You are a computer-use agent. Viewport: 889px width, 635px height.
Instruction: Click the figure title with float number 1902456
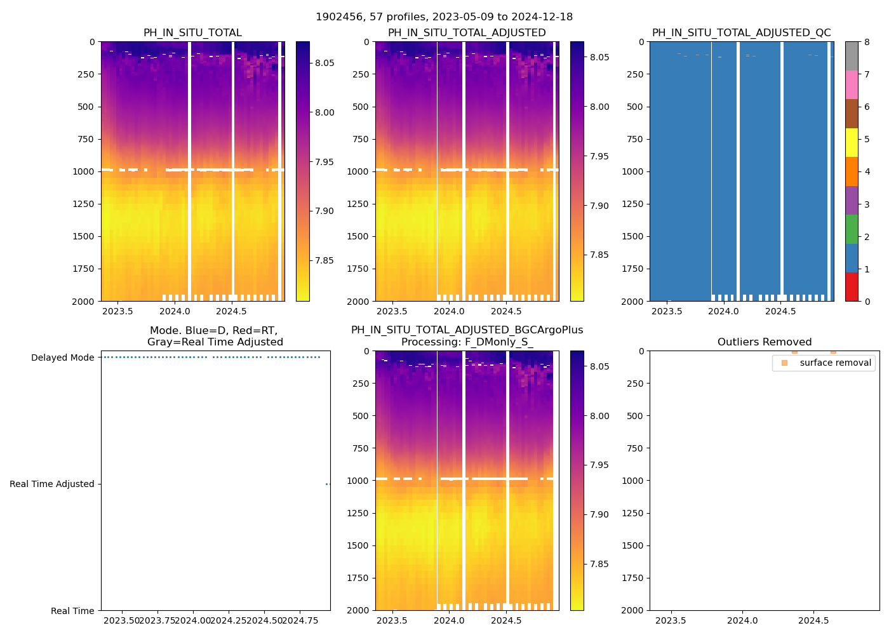(444, 17)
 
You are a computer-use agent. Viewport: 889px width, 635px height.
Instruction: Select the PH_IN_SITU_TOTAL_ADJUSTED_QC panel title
(741, 33)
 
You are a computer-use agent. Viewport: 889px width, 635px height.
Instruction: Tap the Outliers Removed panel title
(764, 342)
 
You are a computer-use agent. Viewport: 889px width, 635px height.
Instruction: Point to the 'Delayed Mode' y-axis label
(63, 358)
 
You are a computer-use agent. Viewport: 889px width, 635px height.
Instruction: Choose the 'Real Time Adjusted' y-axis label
(52, 484)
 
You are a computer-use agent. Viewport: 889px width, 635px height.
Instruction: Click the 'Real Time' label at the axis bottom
(72, 611)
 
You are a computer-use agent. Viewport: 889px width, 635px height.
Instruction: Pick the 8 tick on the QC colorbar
(867, 42)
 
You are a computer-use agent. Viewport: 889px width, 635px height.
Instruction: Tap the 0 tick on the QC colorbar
(867, 301)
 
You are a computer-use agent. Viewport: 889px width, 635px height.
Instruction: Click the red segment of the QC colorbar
(852, 287)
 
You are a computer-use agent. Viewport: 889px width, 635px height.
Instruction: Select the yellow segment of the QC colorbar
(852, 143)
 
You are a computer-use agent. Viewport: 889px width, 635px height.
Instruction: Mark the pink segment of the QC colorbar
(852, 85)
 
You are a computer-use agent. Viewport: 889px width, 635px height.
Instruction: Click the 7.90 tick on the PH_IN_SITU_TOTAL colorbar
(324, 211)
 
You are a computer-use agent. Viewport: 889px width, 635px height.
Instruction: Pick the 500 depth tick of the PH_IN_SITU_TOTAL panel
(86, 107)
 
